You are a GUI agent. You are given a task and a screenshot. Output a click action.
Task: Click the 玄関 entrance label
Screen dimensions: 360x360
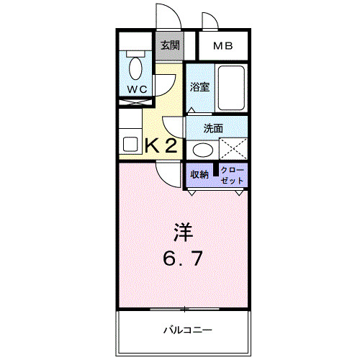(x=170, y=45)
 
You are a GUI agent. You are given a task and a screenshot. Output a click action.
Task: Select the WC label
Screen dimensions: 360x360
(x=137, y=89)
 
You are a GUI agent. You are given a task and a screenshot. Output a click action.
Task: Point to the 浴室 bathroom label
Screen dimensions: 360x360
(x=200, y=87)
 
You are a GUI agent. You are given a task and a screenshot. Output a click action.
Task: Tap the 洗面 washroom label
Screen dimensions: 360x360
(x=212, y=130)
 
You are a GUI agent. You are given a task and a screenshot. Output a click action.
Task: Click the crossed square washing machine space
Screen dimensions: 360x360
(x=233, y=150)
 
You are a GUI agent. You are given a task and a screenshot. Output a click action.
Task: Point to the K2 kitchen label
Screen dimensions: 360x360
(x=161, y=146)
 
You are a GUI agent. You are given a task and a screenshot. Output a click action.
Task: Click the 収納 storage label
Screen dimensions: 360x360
(x=199, y=174)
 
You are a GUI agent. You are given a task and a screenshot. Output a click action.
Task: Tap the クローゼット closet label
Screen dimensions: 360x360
(x=233, y=174)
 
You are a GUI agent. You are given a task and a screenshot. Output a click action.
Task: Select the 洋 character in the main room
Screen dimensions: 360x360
(x=183, y=233)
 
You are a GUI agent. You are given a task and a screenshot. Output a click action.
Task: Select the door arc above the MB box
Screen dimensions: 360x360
(x=210, y=22)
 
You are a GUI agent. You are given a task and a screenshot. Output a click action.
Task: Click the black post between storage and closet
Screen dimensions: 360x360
(x=215, y=174)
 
